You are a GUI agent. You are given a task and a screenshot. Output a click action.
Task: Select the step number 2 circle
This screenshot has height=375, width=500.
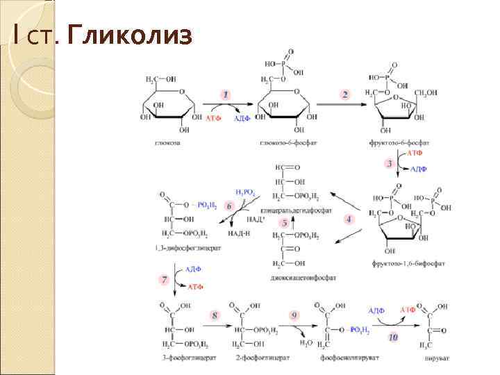tap(345, 94)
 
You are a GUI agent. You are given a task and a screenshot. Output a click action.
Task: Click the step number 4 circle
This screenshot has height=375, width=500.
tap(349, 219)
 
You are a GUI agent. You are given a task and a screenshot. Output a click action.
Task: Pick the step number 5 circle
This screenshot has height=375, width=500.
tap(284, 223)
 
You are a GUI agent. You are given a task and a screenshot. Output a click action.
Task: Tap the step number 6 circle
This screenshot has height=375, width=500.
tap(228, 206)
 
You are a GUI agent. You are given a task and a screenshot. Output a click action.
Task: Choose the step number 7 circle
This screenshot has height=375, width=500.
tap(164, 280)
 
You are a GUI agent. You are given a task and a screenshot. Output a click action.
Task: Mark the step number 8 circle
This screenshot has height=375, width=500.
tap(215, 315)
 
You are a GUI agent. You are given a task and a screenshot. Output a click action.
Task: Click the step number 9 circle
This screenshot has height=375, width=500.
tap(294, 315)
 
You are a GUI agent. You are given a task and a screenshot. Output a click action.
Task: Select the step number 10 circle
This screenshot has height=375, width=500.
tap(393, 337)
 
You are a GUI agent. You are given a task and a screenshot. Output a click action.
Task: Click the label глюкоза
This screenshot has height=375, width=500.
tap(167, 142)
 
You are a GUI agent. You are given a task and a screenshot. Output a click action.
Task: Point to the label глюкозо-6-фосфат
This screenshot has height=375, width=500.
tap(278, 142)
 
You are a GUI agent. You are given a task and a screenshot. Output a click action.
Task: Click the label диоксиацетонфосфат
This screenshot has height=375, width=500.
tap(303, 277)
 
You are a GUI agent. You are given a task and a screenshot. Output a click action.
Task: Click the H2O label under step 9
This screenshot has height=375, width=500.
tap(306, 342)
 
